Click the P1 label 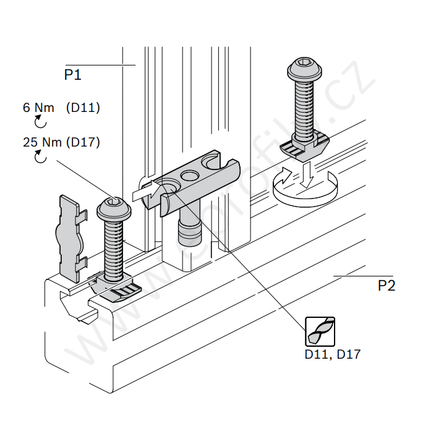(73, 75)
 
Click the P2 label (387, 285)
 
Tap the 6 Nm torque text (38, 108)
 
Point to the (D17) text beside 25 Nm (82, 143)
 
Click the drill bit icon (320, 331)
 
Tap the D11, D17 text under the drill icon (332, 355)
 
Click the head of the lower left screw (113, 208)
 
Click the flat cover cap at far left (69, 236)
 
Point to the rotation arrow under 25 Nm (40, 158)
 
